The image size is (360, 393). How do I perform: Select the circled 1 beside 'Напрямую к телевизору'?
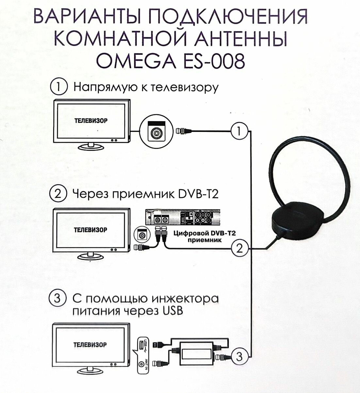point(58,88)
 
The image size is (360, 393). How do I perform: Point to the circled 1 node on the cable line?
point(239,131)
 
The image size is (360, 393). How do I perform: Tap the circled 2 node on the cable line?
point(239,249)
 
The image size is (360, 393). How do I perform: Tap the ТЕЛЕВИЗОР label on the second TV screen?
point(90,230)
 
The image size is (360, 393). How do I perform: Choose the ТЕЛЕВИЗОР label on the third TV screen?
point(90,345)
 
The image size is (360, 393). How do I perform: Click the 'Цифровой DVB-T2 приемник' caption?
point(204,237)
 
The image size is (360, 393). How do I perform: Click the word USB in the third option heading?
point(172,311)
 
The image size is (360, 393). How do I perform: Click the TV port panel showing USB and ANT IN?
point(142,354)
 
